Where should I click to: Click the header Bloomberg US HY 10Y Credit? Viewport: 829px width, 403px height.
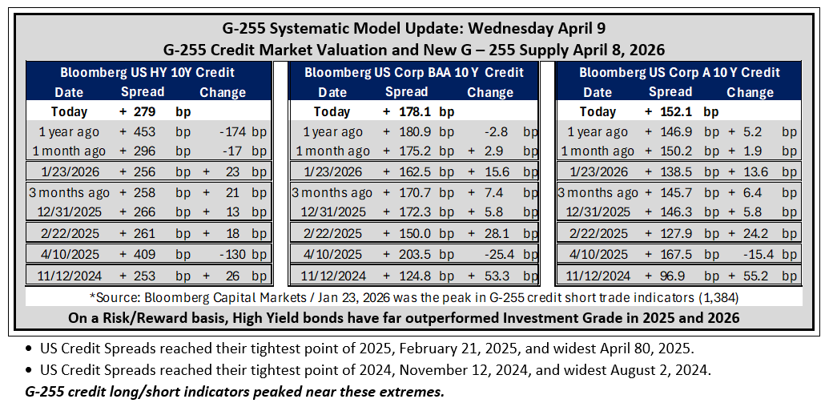pyautogui.click(x=147, y=72)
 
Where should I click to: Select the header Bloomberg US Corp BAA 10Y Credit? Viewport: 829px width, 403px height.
pyautogui.click(x=414, y=72)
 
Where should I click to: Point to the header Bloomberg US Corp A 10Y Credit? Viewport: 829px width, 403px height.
pyautogui.click(x=679, y=72)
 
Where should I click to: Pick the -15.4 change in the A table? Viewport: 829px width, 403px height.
pyautogui.click(x=760, y=255)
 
